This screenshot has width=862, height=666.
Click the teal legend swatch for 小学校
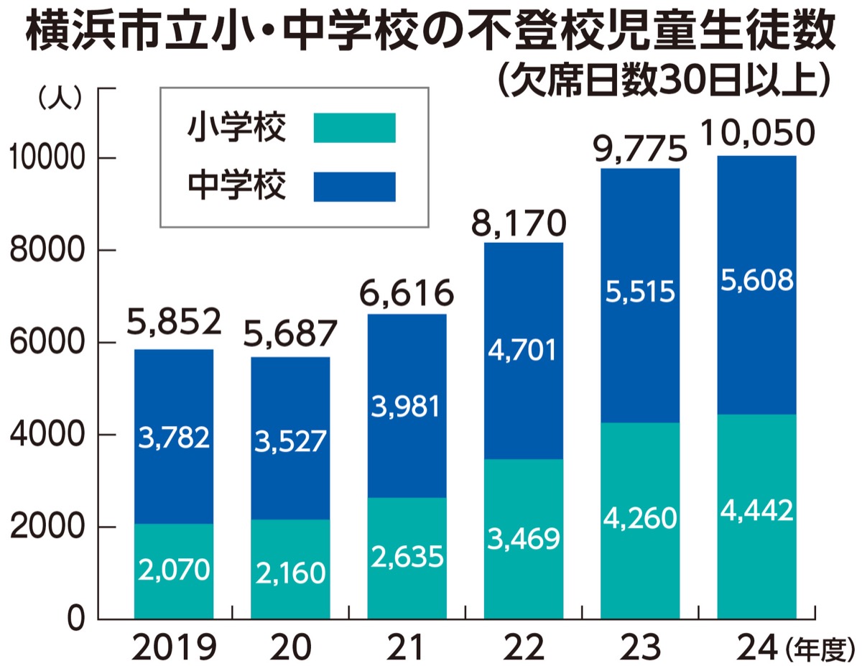pyautogui.click(x=355, y=128)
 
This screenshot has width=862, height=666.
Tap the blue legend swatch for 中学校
pyautogui.click(x=355, y=186)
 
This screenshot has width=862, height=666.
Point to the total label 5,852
pyautogui.click(x=173, y=323)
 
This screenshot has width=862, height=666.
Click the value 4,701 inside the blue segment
pyautogui.click(x=523, y=351)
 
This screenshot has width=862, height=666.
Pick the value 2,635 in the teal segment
pyautogui.click(x=407, y=556)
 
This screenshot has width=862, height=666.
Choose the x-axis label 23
pyautogui.click(x=639, y=649)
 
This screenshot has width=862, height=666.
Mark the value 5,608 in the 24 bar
pyautogui.click(x=756, y=279)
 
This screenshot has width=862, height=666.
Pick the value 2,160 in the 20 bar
pyautogui.click(x=289, y=573)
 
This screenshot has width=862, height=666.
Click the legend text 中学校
pyautogui.click(x=236, y=186)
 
